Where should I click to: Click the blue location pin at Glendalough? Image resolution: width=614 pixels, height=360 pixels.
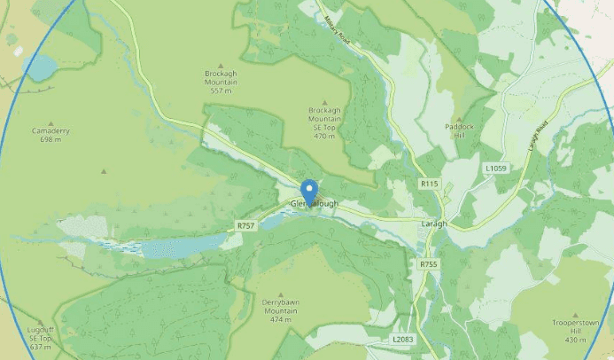pyautogui.click(x=309, y=191)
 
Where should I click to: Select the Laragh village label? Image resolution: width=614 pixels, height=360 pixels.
pyautogui.click(x=435, y=223)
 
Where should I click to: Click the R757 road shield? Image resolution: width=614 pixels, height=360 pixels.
pyautogui.click(x=245, y=226)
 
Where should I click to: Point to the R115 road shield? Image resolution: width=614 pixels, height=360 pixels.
pyautogui.click(x=429, y=184)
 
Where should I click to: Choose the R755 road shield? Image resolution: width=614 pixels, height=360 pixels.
pyautogui.click(x=429, y=264)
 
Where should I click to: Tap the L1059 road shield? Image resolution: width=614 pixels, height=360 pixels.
pyautogui.click(x=495, y=168)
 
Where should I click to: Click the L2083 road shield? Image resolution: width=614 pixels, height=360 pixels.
pyautogui.click(x=402, y=340)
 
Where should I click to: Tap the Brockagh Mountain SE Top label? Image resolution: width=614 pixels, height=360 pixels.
pyautogui.click(x=324, y=123)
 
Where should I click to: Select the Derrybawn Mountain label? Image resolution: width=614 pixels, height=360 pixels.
pyautogui.click(x=280, y=307)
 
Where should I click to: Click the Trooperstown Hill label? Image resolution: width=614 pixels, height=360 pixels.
pyautogui.click(x=576, y=330)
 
